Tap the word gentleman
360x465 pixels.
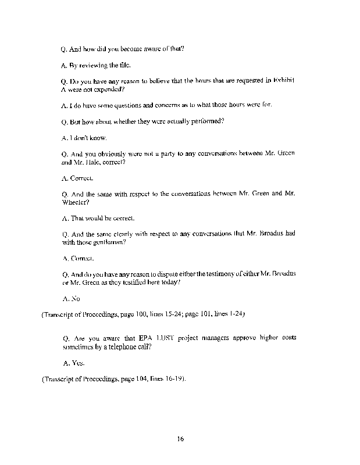click(109, 242)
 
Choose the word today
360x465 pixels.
click(174, 282)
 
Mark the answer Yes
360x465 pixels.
click(77, 363)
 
